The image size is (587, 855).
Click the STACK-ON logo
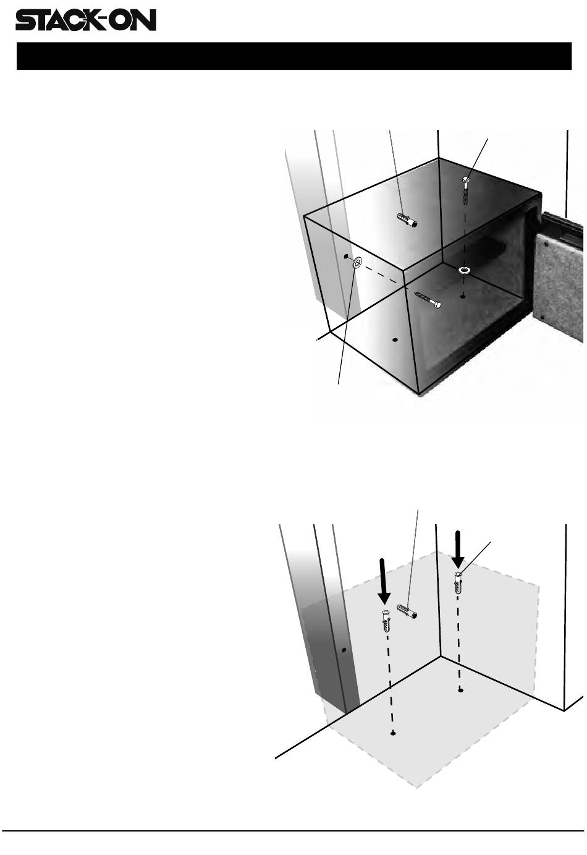(85, 20)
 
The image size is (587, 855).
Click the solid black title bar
(293, 56)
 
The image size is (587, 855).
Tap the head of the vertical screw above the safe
(466, 179)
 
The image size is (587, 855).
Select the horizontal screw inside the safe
(428, 300)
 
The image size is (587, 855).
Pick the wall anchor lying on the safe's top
(407, 219)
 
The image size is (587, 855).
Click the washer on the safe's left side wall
(357, 263)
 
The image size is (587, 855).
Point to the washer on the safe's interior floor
(465, 270)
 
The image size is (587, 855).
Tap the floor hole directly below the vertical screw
(463, 296)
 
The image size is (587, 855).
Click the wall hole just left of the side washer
(346, 256)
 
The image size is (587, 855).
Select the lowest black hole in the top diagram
(395, 339)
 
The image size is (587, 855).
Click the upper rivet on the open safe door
(547, 243)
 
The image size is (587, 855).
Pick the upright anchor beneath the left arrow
(386, 621)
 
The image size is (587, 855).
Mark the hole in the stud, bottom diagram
(344, 649)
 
